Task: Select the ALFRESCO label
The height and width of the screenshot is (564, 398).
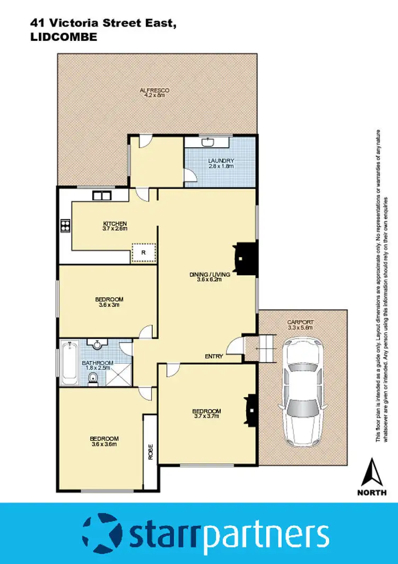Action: pyautogui.click(x=154, y=90)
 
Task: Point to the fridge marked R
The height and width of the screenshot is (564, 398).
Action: pyautogui.click(x=143, y=252)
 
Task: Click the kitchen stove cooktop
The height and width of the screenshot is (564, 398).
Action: pyautogui.click(x=65, y=225)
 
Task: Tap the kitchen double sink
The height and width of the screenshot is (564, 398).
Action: pyautogui.click(x=100, y=195)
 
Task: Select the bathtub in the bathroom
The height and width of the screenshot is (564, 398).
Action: pyautogui.click(x=70, y=364)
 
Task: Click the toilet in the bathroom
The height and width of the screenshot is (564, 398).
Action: pyautogui.click(x=93, y=378)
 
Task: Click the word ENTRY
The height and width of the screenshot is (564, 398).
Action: pyautogui.click(x=214, y=356)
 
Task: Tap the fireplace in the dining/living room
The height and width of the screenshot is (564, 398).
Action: pyautogui.click(x=245, y=259)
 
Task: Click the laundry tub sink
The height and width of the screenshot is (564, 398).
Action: pyautogui.click(x=207, y=142)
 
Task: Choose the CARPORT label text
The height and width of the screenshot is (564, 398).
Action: pyautogui.click(x=300, y=322)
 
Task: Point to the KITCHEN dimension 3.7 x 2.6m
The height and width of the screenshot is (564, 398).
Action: pyautogui.click(x=115, y=229)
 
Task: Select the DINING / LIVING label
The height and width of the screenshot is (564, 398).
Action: pyautogui.click(x=210, y=274)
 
